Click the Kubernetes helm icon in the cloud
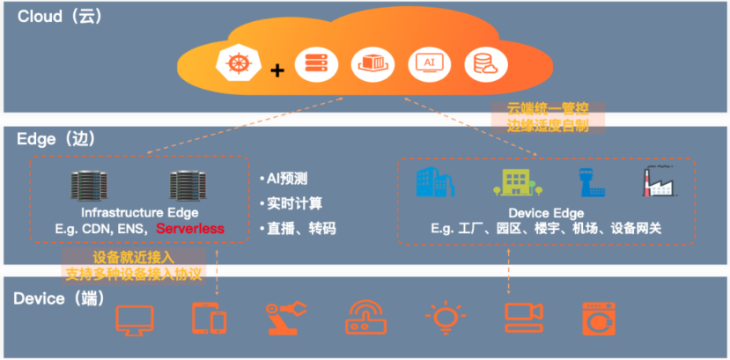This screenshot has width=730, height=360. tap(234, 64)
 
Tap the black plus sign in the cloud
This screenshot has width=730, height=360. tap(277, 69)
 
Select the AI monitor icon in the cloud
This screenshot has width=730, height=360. tap(429, 63)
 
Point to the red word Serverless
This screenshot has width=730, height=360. tap(190, 229)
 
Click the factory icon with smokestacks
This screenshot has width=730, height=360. tap(659, 180)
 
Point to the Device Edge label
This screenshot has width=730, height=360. tap(546, 213)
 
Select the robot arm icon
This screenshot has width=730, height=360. tap(286, 318)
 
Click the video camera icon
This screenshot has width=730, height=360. tap(525, 318)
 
